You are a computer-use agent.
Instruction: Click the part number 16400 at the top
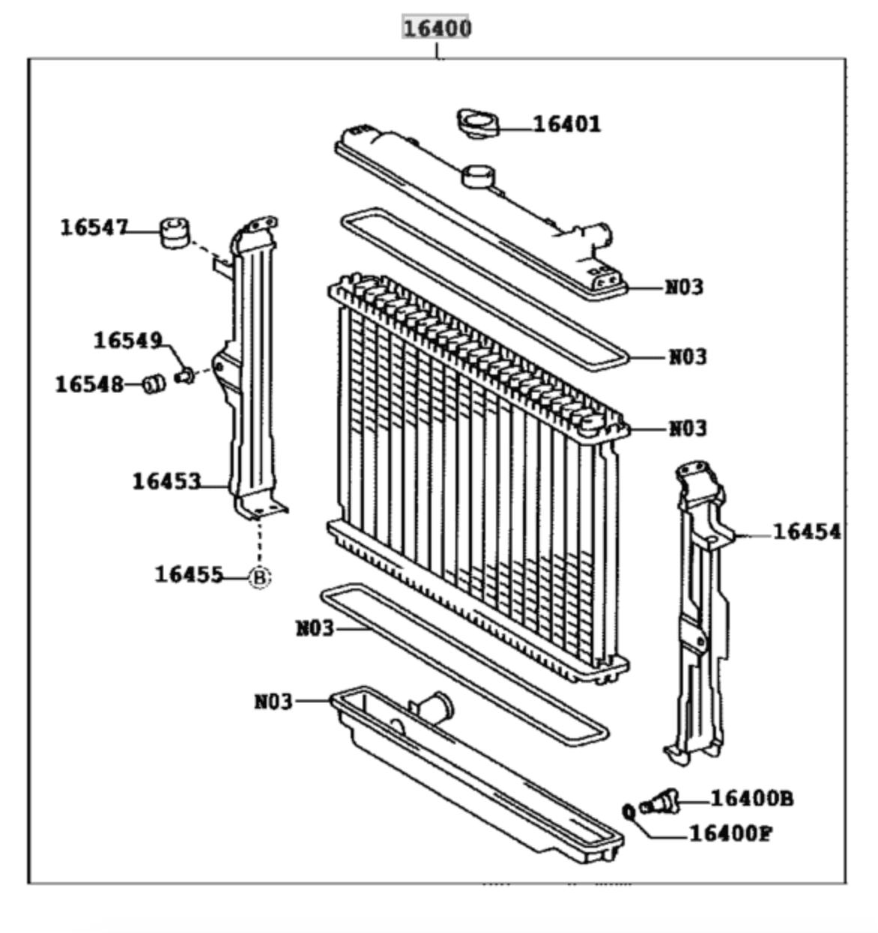coord(438,28)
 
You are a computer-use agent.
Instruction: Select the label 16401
coord(566,124)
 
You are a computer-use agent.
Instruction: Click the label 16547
coord(94,227)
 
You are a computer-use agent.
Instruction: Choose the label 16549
coord(127,341)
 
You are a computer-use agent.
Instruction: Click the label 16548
coord(89,384)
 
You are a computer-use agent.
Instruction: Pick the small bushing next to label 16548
coord(154,384)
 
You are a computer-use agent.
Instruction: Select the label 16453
coord(166,481)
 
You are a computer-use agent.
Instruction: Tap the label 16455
coord(189,574)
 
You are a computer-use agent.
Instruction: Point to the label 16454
coord(806,532)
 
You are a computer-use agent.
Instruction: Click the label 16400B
coord(751,799)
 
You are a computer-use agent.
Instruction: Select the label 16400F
coord(730,833)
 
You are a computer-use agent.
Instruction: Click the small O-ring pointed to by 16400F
coord(629,811)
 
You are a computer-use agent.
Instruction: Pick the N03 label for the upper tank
coord(684,287)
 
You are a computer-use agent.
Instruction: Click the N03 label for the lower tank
coord(273,702)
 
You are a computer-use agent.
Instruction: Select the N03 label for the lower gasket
coord(315,627)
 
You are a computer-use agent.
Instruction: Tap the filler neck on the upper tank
coord(477,176)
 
